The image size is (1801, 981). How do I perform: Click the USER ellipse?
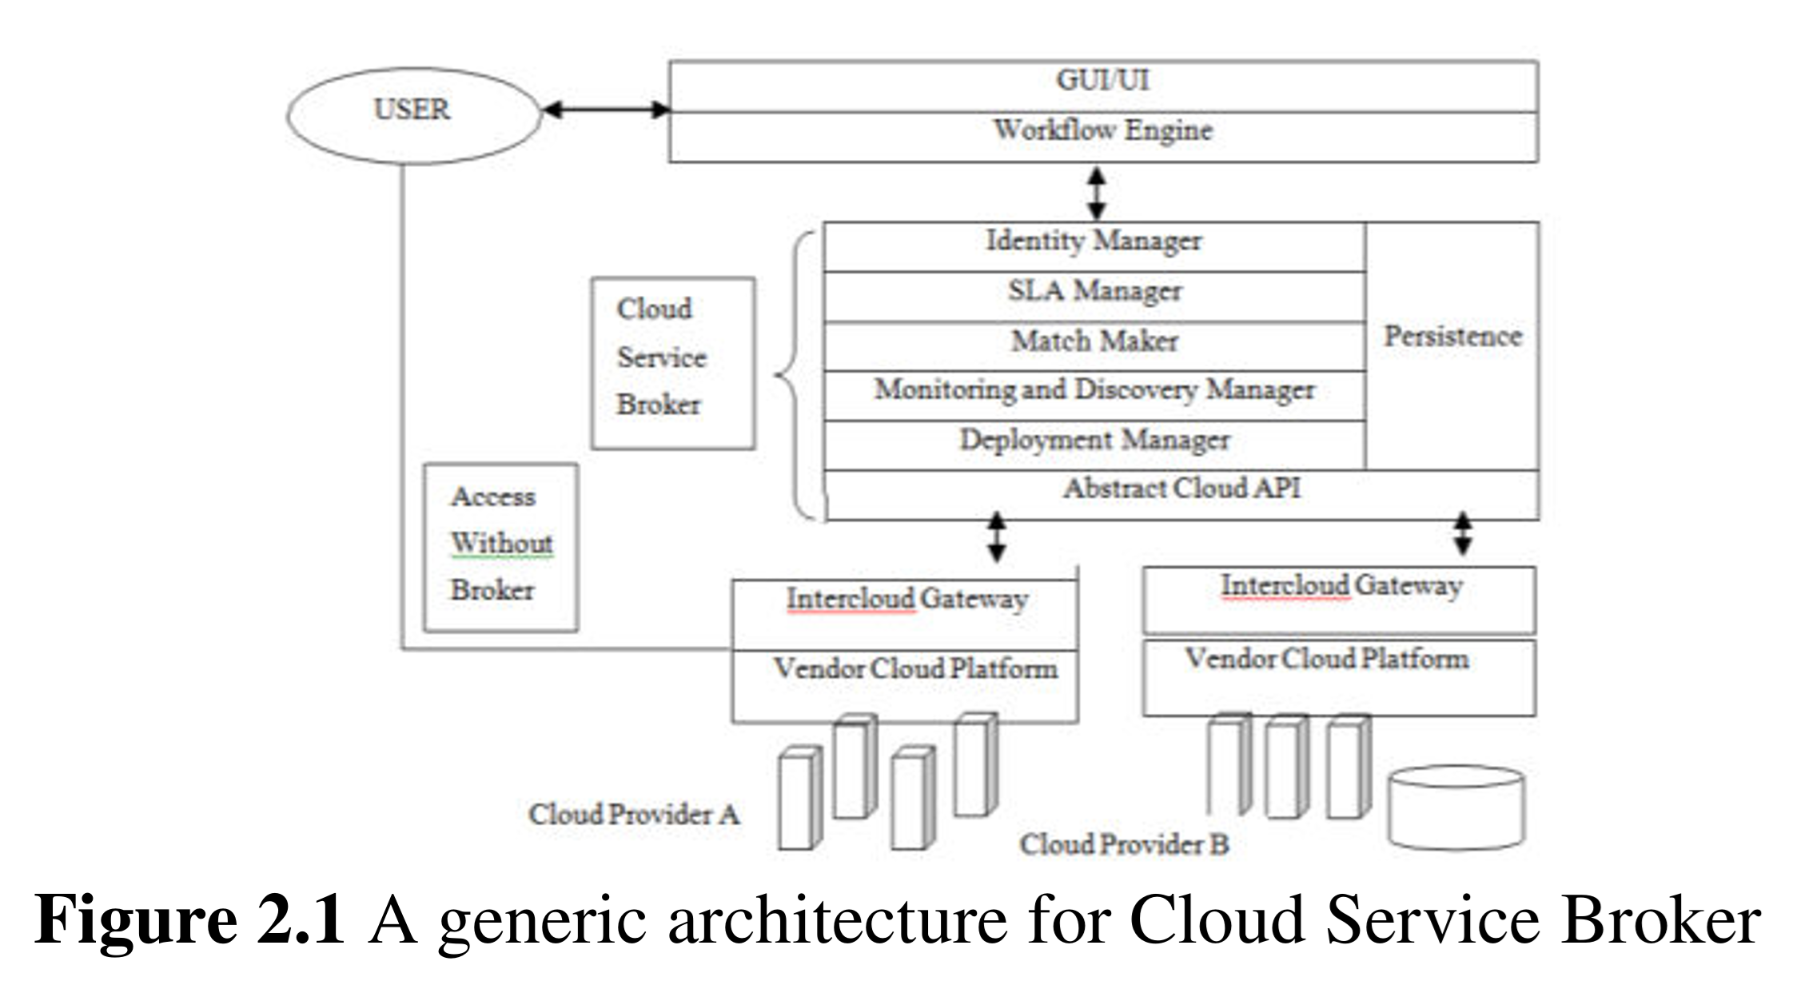413,115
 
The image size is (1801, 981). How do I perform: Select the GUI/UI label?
1102,81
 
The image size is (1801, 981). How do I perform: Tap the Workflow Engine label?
1102,130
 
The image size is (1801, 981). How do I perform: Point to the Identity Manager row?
1094,241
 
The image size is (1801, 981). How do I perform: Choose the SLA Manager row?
1094,291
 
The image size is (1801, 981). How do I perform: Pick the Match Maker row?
1094,341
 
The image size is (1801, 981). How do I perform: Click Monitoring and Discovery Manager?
1094,390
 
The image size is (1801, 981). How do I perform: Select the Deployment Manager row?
1094,440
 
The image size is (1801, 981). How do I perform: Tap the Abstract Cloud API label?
1181,489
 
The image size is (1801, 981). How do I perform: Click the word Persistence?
1452,337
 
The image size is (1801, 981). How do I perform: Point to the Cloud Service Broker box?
672,362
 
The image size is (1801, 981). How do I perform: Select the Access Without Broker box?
500,547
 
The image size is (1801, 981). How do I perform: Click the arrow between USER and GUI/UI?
605,110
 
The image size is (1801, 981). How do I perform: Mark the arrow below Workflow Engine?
1097,193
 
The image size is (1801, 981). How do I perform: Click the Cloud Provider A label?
633,815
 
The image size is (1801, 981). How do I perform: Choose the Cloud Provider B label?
1123,844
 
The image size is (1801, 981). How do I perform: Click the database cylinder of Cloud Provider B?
1456,807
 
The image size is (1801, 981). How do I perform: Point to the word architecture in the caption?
837,919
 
